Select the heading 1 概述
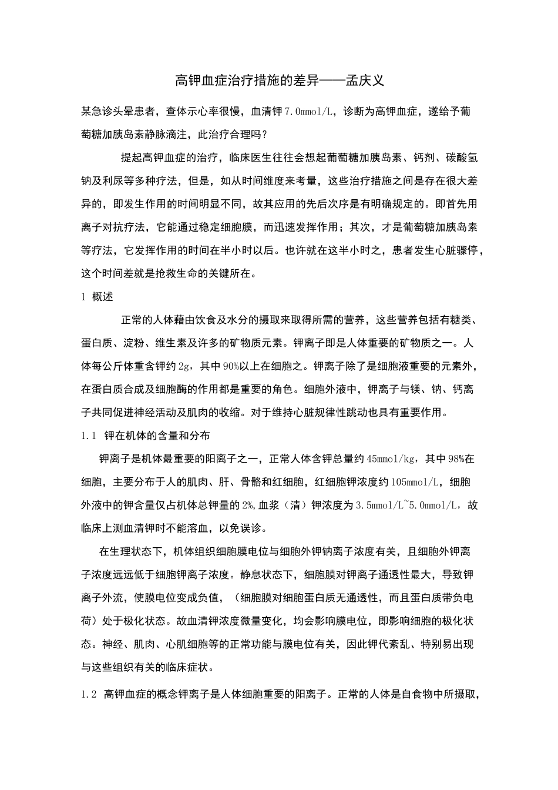point(97,297)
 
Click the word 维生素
point(172,343)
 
